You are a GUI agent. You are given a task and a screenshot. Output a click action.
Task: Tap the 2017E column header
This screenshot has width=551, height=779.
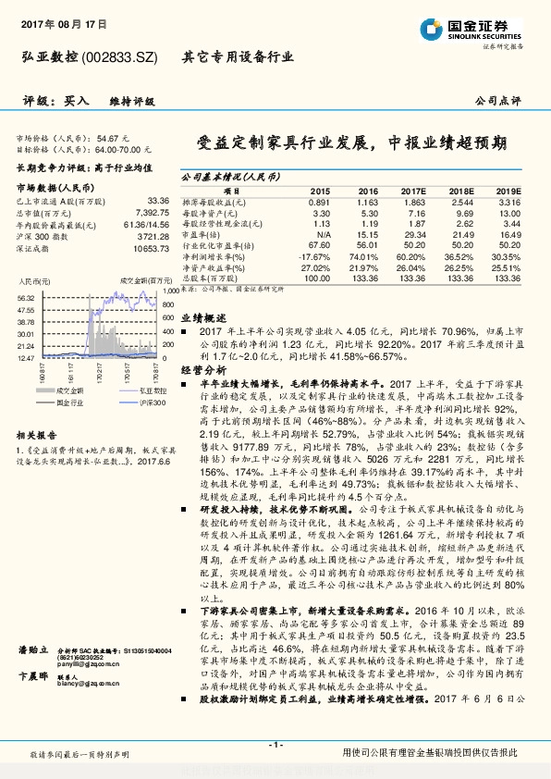412,190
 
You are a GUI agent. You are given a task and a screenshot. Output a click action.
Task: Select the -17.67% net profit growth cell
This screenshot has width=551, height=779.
315,256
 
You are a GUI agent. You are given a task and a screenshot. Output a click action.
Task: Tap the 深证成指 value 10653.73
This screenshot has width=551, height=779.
151,248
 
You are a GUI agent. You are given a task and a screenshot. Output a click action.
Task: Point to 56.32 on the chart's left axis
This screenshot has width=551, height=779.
25,298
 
